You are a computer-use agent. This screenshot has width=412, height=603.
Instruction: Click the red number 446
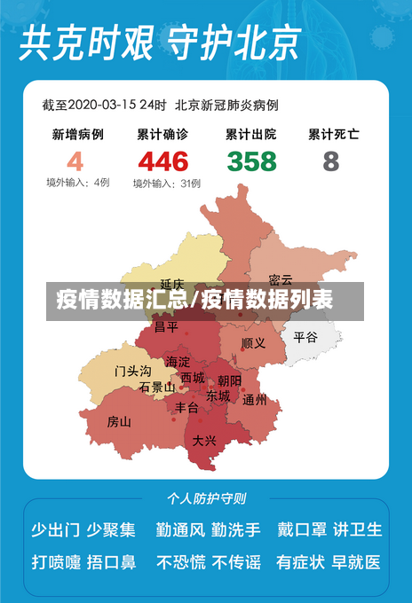162,161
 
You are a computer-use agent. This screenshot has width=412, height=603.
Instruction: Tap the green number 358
251,161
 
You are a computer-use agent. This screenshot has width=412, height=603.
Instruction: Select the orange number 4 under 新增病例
75,161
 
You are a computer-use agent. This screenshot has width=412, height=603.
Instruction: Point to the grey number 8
331,161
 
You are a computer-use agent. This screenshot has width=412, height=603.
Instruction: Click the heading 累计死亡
333,135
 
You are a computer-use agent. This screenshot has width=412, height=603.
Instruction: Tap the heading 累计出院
250,135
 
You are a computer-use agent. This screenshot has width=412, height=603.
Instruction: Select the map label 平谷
305,337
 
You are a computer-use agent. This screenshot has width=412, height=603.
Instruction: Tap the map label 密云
281,279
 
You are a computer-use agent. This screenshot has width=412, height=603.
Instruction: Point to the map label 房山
119,421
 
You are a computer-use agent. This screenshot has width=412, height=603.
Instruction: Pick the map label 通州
255,400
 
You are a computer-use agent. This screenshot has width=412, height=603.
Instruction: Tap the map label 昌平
166,326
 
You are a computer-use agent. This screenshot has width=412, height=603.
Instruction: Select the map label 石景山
157,387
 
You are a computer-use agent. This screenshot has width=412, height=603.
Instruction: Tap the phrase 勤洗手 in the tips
236,529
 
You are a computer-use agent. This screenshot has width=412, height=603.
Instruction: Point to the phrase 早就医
357,561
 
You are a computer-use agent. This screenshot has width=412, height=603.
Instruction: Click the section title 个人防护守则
206,498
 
